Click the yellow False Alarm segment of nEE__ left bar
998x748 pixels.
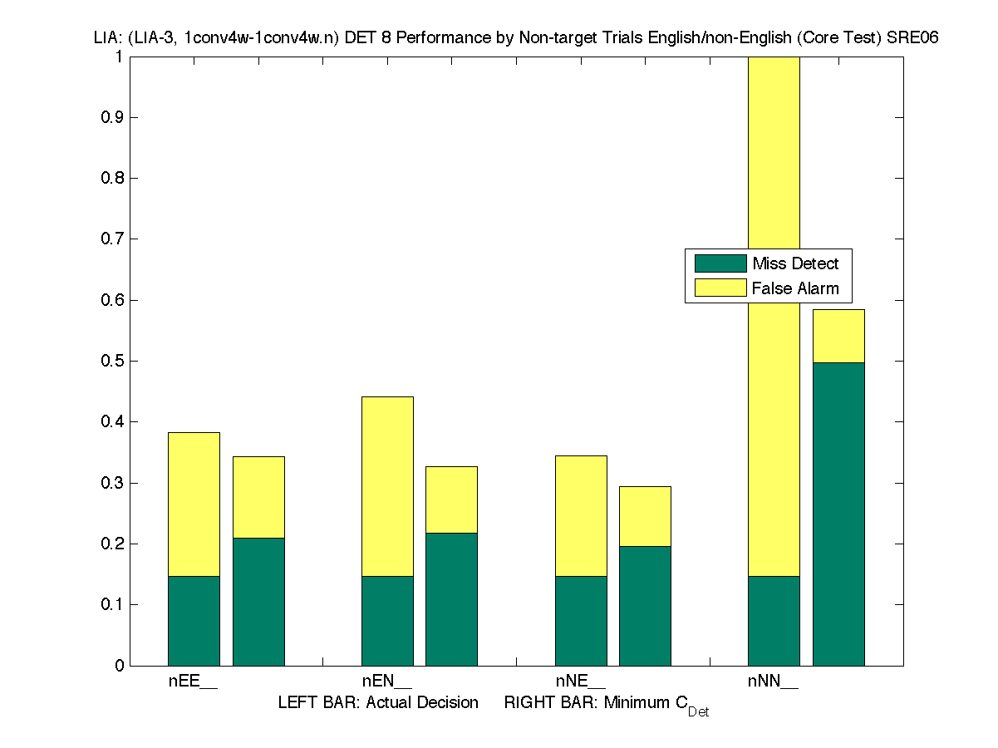[x=194, y=504]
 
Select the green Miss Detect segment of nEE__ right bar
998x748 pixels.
[x=258, y=601]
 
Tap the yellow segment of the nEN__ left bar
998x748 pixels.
[x=387, y=486]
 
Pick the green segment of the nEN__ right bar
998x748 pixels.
[x=451, y=598]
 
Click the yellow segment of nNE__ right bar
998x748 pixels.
[x=645, y=516]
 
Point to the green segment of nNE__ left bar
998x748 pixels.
[x=581, y=620]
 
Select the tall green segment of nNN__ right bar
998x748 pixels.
[x=838, y=514]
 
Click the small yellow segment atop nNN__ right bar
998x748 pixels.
[x=838, y=336]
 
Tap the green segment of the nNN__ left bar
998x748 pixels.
[x=774, y=620]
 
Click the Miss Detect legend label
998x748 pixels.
[x=795, y=264]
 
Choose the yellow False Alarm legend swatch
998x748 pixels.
[x=720, y=288]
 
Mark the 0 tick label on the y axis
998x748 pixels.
[x=120, y=666]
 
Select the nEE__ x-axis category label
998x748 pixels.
[x=193, y=682]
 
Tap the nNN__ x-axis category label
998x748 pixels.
[x=773, y=682]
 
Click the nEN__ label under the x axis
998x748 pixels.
[x=386, y=682]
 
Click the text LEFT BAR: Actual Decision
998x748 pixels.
[x=378, y=703]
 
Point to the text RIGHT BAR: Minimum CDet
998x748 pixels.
[x=606, y=704]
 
